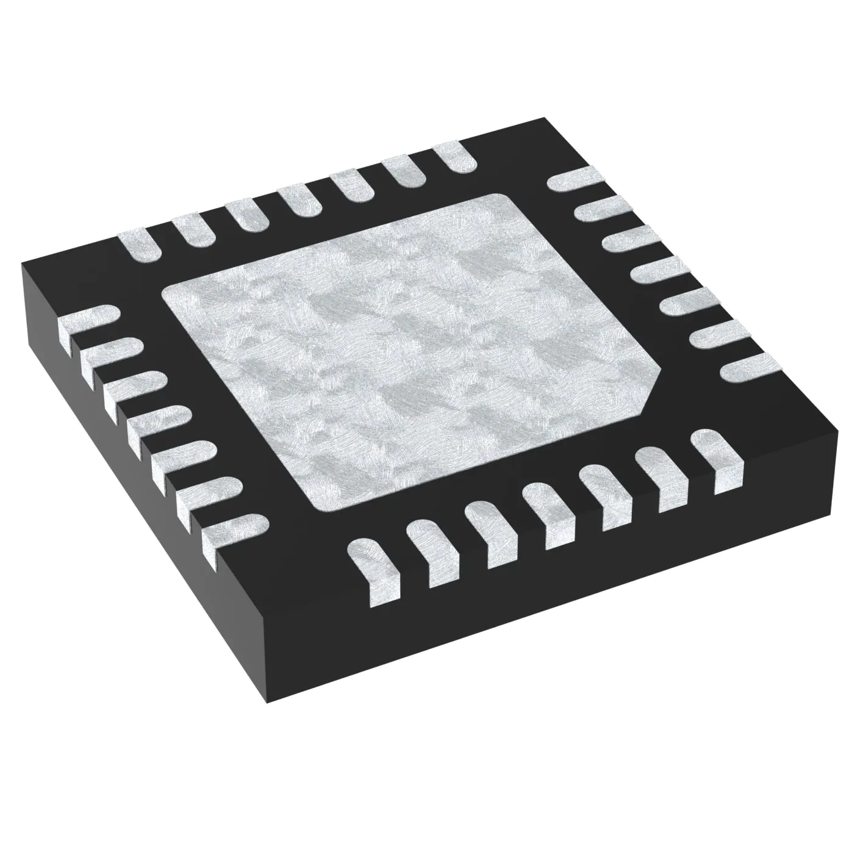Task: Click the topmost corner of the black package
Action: click(542, 120)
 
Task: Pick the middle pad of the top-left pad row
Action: click(301, 198)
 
